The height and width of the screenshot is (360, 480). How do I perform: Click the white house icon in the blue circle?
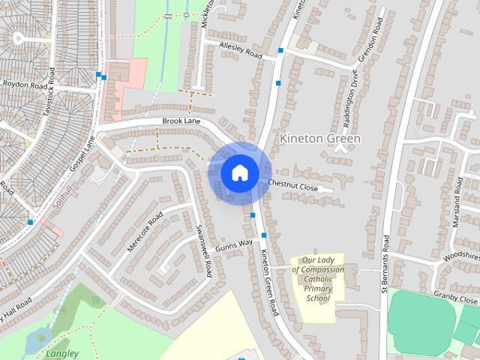click(239, 172)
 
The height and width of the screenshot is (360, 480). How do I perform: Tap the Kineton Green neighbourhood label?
click(319, 139)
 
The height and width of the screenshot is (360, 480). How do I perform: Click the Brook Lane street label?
click(181, 121)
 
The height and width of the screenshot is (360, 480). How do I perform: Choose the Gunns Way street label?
click(233, 244)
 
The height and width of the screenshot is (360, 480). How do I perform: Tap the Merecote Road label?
click(145, 232)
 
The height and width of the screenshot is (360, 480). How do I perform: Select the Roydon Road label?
click(25, 85)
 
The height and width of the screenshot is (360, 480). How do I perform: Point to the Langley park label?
click(62, 353)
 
